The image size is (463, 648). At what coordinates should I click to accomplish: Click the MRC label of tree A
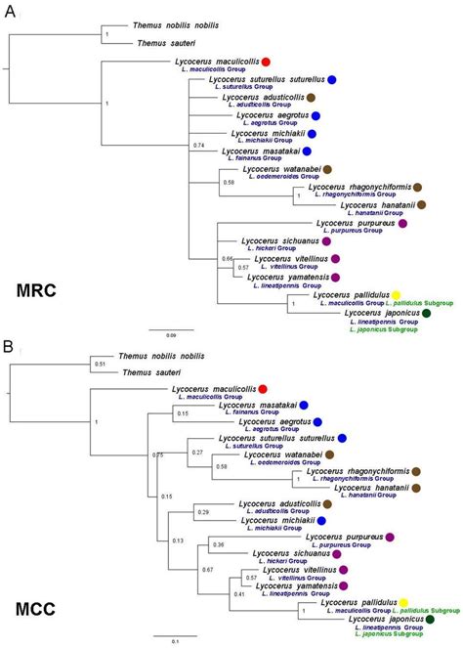(39, 290)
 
